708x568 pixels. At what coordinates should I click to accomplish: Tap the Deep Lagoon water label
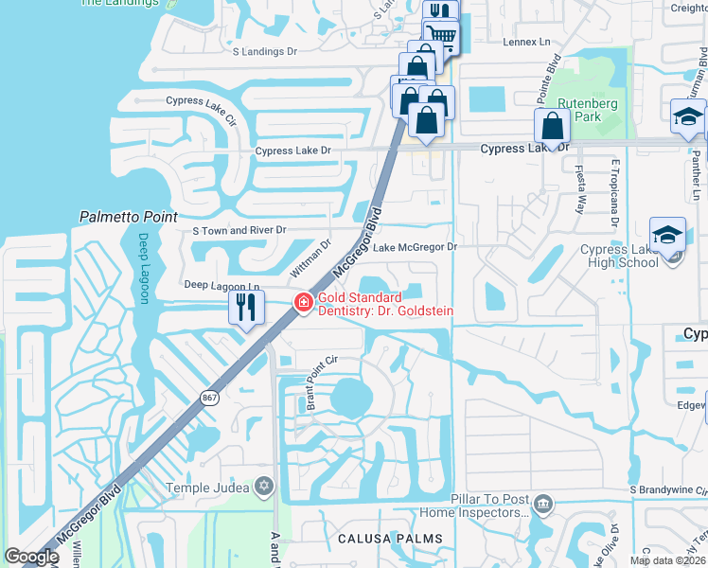tap(145, 268)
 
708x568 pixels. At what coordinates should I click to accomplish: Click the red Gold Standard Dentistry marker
tap(304, 303)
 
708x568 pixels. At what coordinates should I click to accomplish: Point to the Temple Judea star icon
tap(264, 487)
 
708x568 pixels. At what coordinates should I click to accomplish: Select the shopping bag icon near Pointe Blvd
tap(552, 126)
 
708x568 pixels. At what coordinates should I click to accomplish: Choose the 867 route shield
tap(209, 399)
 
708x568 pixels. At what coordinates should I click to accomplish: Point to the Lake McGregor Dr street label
tap(415, 247)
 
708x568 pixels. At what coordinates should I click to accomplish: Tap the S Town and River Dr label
tap(239, 230)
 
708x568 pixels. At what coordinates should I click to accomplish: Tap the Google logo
tap(31, 557)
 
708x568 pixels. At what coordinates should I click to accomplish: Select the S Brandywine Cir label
tap(668, 489)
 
